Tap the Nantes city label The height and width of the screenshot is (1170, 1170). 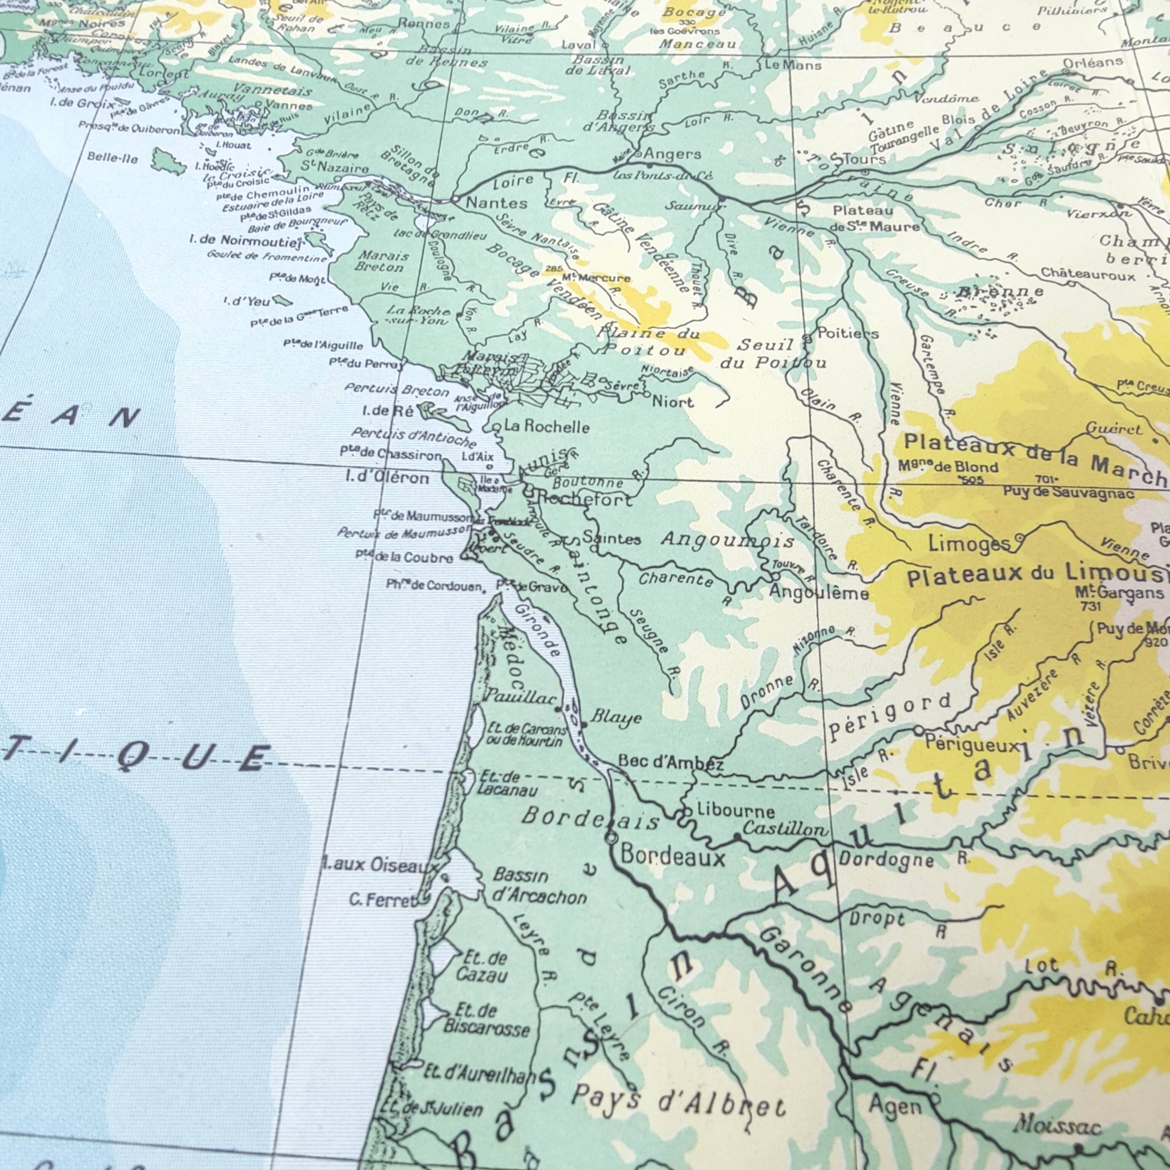(496, 203)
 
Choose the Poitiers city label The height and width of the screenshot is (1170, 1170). (848, 333)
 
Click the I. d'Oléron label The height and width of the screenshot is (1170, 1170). (388, 478)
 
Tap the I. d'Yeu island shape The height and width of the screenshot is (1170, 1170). (282, 300)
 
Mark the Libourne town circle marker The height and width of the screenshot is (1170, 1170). (686, 811)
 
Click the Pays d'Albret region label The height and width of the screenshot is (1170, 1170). (678, 1100)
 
